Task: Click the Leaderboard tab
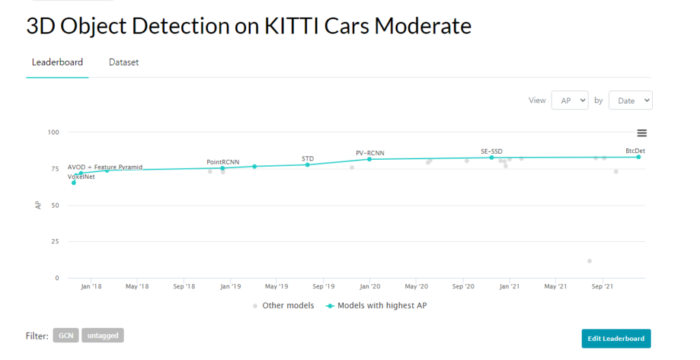point(57,62)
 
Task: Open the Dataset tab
point(124,62)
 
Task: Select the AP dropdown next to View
point(570,100)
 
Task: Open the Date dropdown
point(630,100)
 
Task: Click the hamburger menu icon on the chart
point(642,133)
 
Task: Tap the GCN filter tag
point(66,335)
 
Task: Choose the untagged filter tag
point(103,335)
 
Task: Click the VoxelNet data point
point(74,182)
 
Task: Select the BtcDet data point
point(638,157)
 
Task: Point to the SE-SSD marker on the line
point(492,158)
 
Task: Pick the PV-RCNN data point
point(370,159)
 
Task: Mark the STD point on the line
point(308,165)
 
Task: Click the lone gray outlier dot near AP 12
point(589,261)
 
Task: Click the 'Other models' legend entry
point(283,305)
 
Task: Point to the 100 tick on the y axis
point(53,132)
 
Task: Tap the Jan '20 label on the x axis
point(370,286)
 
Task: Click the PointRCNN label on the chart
point(223,162)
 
